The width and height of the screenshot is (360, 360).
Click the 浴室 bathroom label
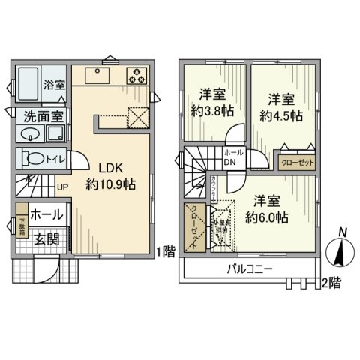tap(53, 85)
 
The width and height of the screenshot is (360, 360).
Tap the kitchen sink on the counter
tap(97, 75)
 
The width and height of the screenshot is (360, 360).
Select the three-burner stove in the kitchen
tap(138, 75)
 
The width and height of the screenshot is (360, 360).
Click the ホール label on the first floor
tap(46, 215)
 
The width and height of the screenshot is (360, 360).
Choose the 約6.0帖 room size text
tap(268, 218)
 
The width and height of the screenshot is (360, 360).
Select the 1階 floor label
tap(166, 252)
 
